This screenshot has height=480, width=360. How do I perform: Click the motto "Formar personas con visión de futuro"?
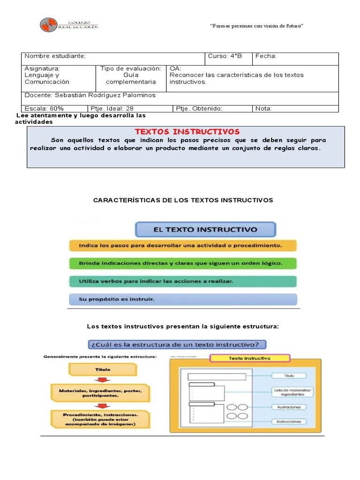[257, 25]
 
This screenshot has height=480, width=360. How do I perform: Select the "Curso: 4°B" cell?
[229, 59]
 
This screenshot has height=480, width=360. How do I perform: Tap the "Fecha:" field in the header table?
[295, 59]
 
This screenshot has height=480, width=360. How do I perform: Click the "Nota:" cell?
[295, 109]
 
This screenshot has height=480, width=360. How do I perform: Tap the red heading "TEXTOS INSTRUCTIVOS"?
[187, 132]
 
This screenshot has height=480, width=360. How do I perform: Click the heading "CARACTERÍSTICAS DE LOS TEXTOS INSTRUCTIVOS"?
[183, 200]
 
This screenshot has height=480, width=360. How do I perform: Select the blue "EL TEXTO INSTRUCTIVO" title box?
[205, 230]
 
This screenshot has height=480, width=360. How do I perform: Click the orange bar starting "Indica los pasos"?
[183, 245]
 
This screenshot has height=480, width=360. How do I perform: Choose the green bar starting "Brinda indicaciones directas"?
[183, 263]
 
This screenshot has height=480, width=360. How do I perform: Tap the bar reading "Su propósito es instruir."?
[183, 299]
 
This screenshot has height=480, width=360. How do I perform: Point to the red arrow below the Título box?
[103, 380]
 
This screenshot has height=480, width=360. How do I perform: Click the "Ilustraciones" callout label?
[289, 407]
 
